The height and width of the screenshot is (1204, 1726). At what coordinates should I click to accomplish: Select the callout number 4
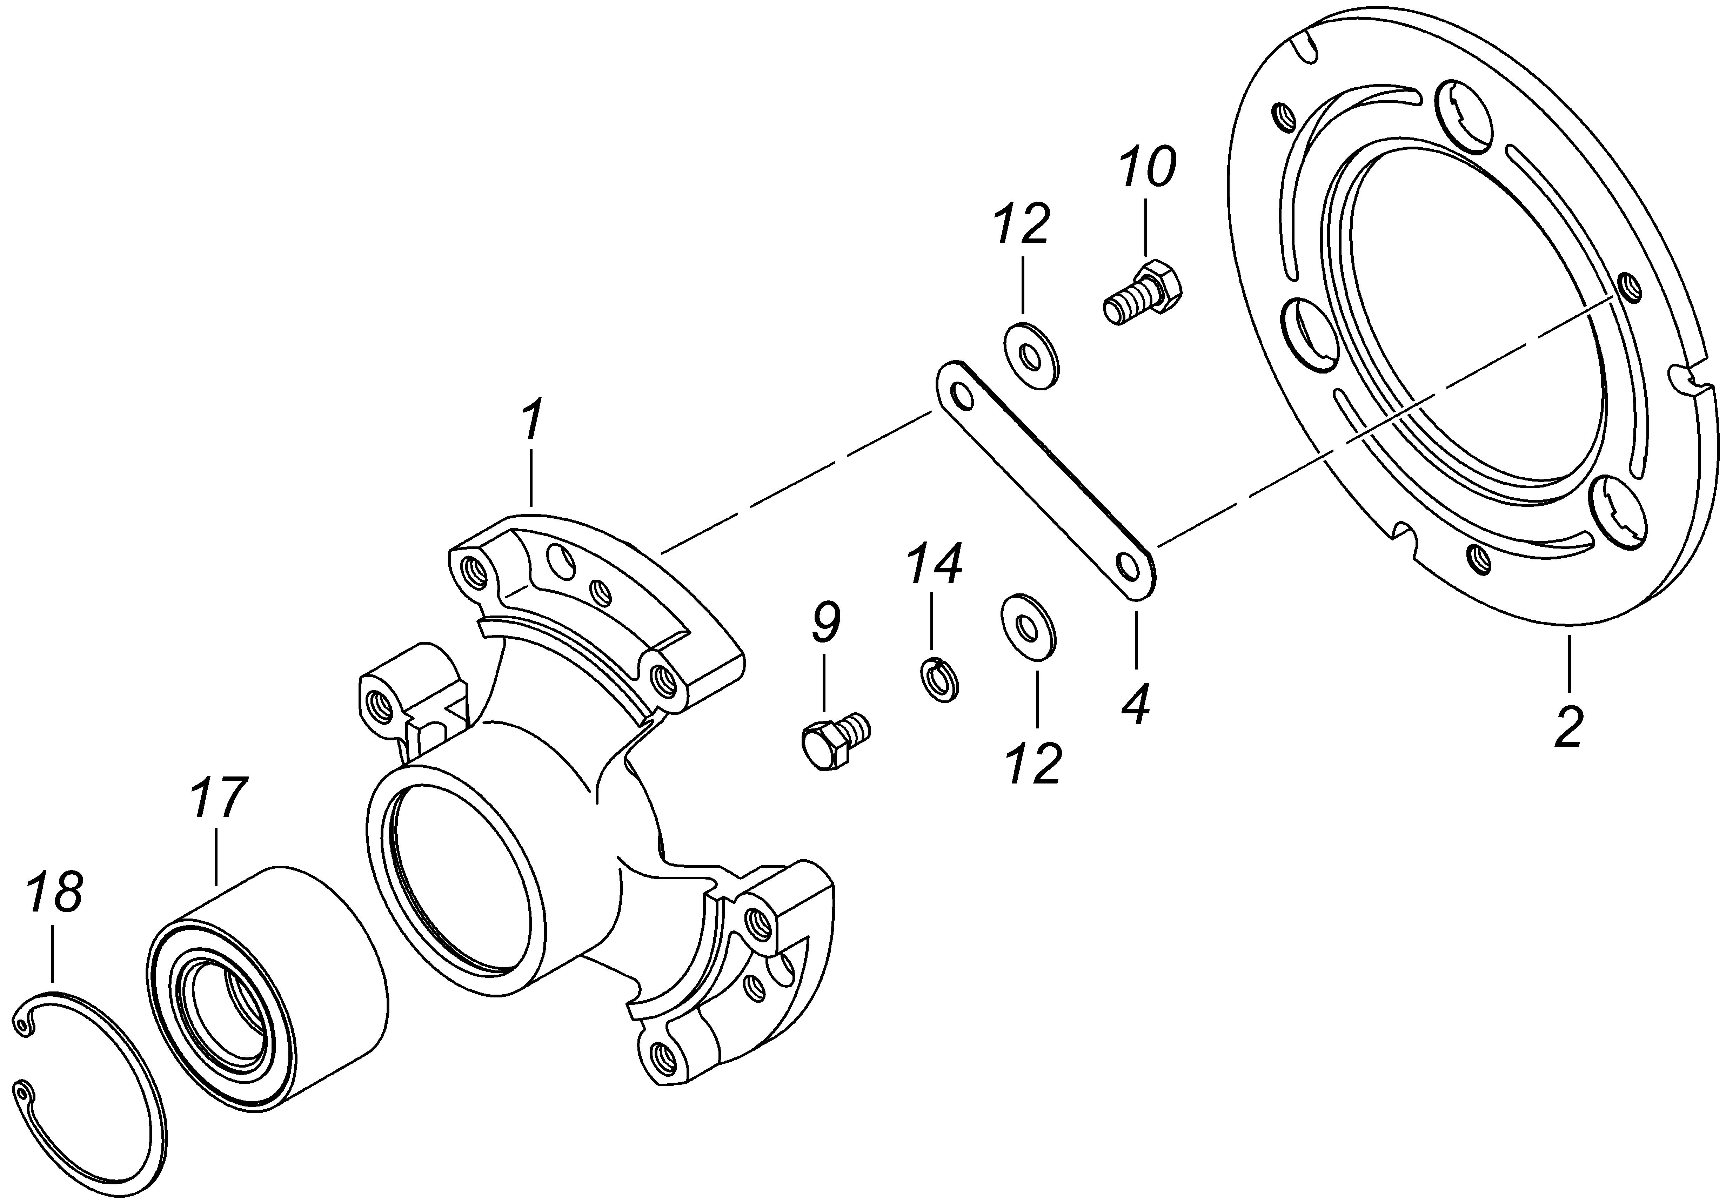[x=1137, y=704]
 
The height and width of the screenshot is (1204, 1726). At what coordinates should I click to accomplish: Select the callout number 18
[x=55, y=894]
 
